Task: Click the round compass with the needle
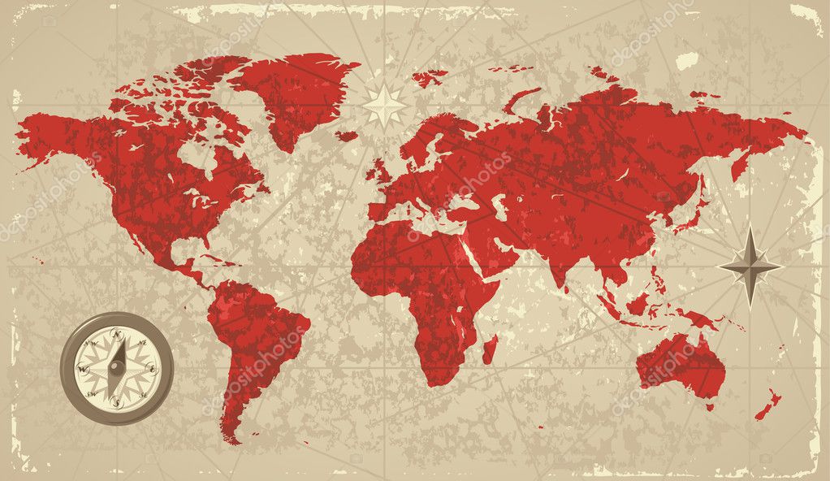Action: point(117,368)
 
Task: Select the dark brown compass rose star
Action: point(750,266)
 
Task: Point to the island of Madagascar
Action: point(490,349)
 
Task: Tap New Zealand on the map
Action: point(767,405)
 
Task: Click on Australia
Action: point(681,366)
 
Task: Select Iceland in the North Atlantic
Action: point(348,136)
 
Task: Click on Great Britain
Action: point(379,171)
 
